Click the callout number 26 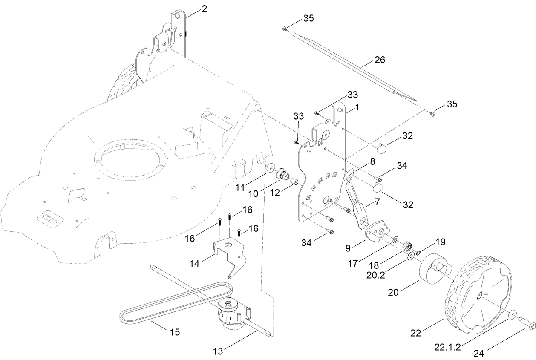point(379,60)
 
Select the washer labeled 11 point(269,168)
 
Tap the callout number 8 point(372,161)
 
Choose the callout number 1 point(357,107)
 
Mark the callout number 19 point(440,242)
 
